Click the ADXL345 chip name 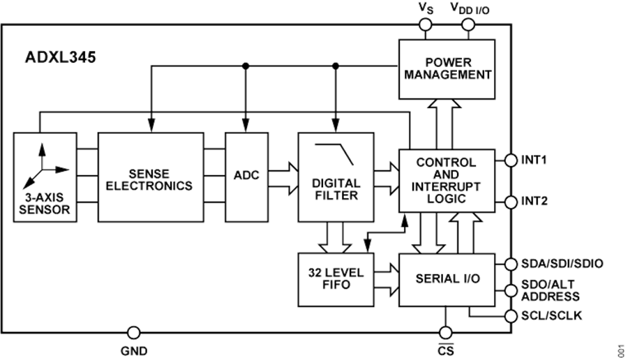pyautogui.click(x=61, y=57)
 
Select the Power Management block pyautogui.click(x=447, y=69)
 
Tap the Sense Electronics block pyautogui.click(x=151, y=177)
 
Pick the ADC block pyautogui.click(x=246, y=177)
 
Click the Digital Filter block pyautogui.click(x=336, y=177)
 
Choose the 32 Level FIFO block pyautogui.click(x=336, y=280)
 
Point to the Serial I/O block pyautogui.click(x=447, y=280)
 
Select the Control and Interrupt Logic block pyautogui.click(x=447, y=181)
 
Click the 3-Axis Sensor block pyautogui.click(x=45, y=177)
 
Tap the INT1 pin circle pyautogui.click(x=511, y=160)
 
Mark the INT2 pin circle pyautogui.click(x=511, y=202)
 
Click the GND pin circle pyautogui.click(x=133, y=332)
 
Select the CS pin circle pyautogui.click(x=445, y=332)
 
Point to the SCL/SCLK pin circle pyautogui.click(x=511, y=316)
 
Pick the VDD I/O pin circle pyautogui.click(x=468, y=25)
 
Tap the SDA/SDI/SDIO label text pyautogui.click(x=562, y=264)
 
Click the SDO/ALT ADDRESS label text pyautogui.click(x=551, y=290)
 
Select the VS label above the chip pyautogui.click(x=426, y=8)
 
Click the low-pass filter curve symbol pyautogui.click(x=334, y=153)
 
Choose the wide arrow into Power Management pyautogui.click(x=444, y=125)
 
